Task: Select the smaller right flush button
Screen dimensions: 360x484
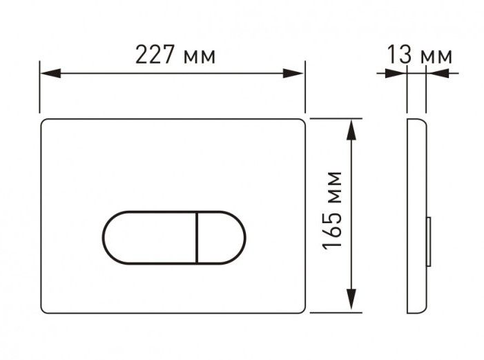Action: [x=221, y=237]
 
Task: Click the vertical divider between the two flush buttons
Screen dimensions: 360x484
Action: [x=197, y=237]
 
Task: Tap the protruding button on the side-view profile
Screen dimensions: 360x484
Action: [x=431, y=242]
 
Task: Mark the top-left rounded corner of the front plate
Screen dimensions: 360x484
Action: [x=46, y=122]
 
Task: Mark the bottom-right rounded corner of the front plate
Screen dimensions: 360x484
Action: [x=300, y=308]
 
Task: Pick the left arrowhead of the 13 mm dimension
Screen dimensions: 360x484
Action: [x=400, y=73]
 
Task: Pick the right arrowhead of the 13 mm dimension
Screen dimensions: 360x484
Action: [x=432, y=73]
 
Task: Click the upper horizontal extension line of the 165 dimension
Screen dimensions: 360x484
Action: [x=335, y=118]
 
